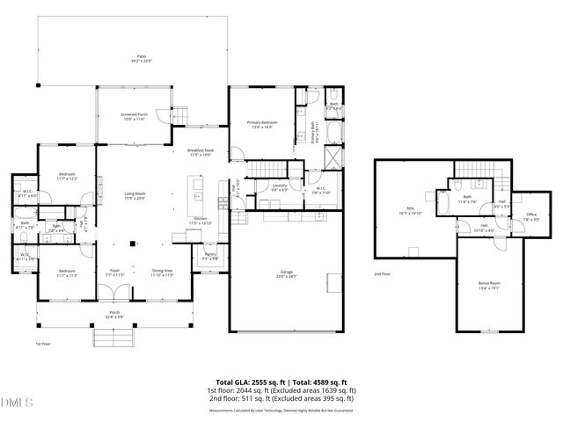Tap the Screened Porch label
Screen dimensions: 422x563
(x=132, y=117)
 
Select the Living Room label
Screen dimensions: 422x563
(x=135, y=196)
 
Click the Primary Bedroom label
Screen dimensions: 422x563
(x=263, y=123)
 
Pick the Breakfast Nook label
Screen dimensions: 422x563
(x=201, y=152)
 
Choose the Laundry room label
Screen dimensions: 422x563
(x=280, y=187)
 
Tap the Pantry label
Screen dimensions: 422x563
(x=209, y=256)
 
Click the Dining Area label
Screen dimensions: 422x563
(x=162, y=273)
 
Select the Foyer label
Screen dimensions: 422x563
(x=114, y=273)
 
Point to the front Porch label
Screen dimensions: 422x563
(x=114, y=313)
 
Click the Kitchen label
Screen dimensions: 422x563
(x=201, y=221)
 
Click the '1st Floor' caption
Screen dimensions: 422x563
(x=42, y=344)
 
